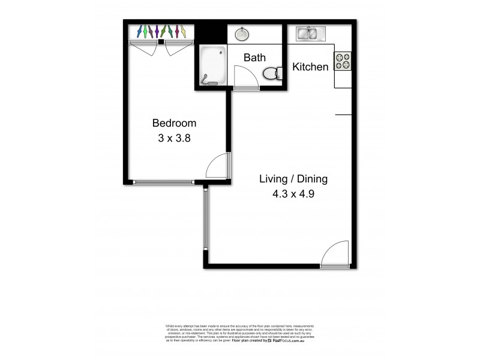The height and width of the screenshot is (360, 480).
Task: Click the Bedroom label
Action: (x=174, y=123)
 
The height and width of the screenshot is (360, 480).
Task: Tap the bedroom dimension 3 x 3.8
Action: (x=174, y=137)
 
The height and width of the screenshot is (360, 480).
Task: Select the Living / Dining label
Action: (x=293, y=179)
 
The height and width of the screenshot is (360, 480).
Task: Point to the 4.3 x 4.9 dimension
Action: (x=293, y=194)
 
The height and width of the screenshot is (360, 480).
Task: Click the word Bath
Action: (x=254, y=58)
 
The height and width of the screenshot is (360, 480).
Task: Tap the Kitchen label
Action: (x=310, y=67)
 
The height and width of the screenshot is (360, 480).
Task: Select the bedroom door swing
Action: (x=217, y=166)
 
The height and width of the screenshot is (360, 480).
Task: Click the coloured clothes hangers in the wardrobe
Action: (x=160, y=31)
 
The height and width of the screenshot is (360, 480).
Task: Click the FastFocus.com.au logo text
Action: (x=288, y=340)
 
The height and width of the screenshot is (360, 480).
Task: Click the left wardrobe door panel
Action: (x=145, y=48)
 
